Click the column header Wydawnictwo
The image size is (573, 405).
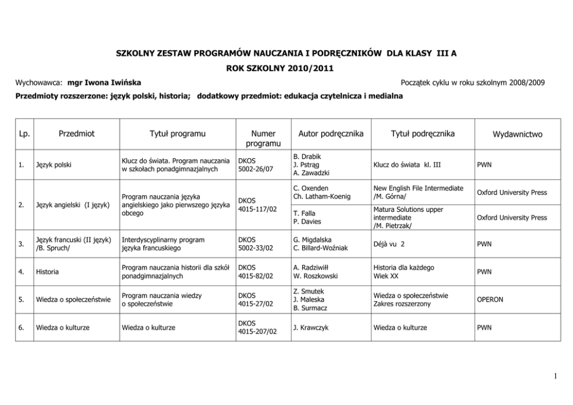tap(517, 134)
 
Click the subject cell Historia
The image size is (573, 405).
tap(47, 272)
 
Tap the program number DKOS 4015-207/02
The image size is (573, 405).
tap(258, 328)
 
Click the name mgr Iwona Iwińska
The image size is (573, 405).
tap(104, 83)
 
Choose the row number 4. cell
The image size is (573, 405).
tap(21, 272)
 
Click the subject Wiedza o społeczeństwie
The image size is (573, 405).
tap(73, 300)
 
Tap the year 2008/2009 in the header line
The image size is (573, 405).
tap(524, 83)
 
